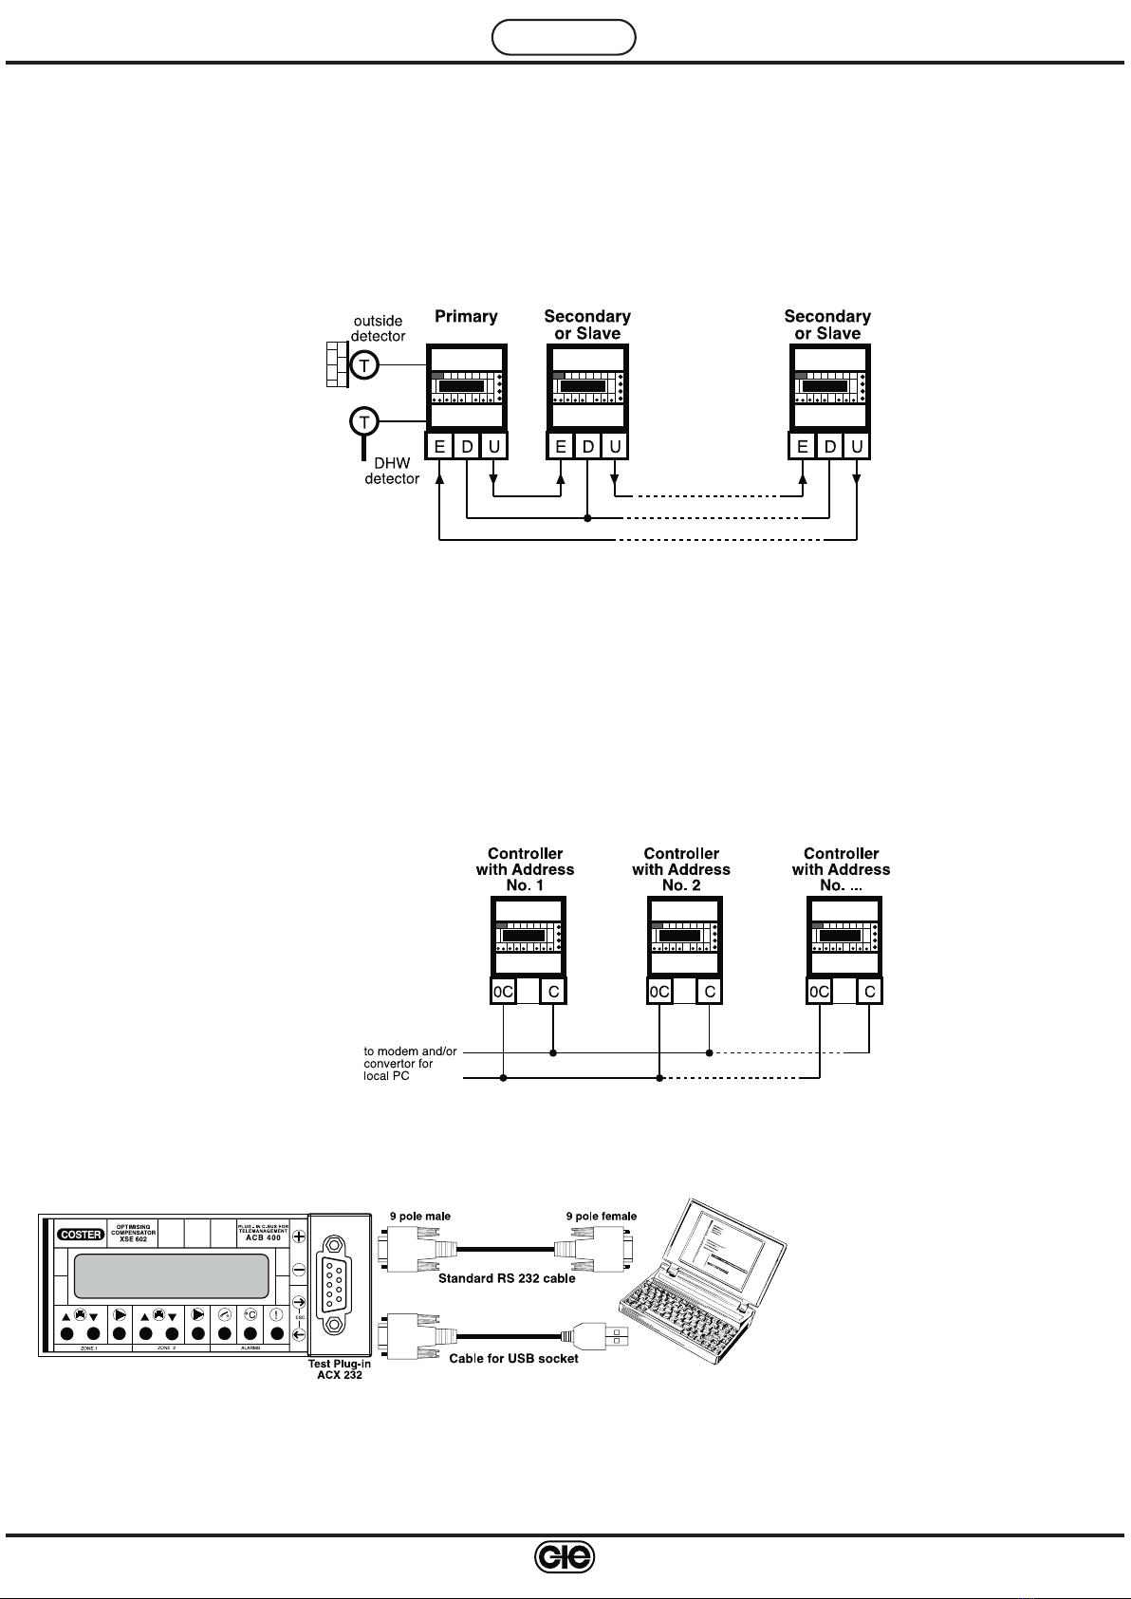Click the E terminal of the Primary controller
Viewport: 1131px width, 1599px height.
439,446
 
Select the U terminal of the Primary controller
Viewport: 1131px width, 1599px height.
493,446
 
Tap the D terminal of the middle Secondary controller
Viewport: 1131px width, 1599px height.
588,446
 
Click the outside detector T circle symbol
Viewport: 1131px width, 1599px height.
363,366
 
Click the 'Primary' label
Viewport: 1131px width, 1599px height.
466,316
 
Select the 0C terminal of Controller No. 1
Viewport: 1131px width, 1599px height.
503,992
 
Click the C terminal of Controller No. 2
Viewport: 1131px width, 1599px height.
709,992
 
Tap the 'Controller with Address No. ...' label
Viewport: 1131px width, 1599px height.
841,869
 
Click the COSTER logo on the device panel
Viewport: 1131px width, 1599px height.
81,1235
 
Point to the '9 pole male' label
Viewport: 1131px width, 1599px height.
420,1216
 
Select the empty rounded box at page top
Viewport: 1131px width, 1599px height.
564,37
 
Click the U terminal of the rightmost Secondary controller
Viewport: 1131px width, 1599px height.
858,446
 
